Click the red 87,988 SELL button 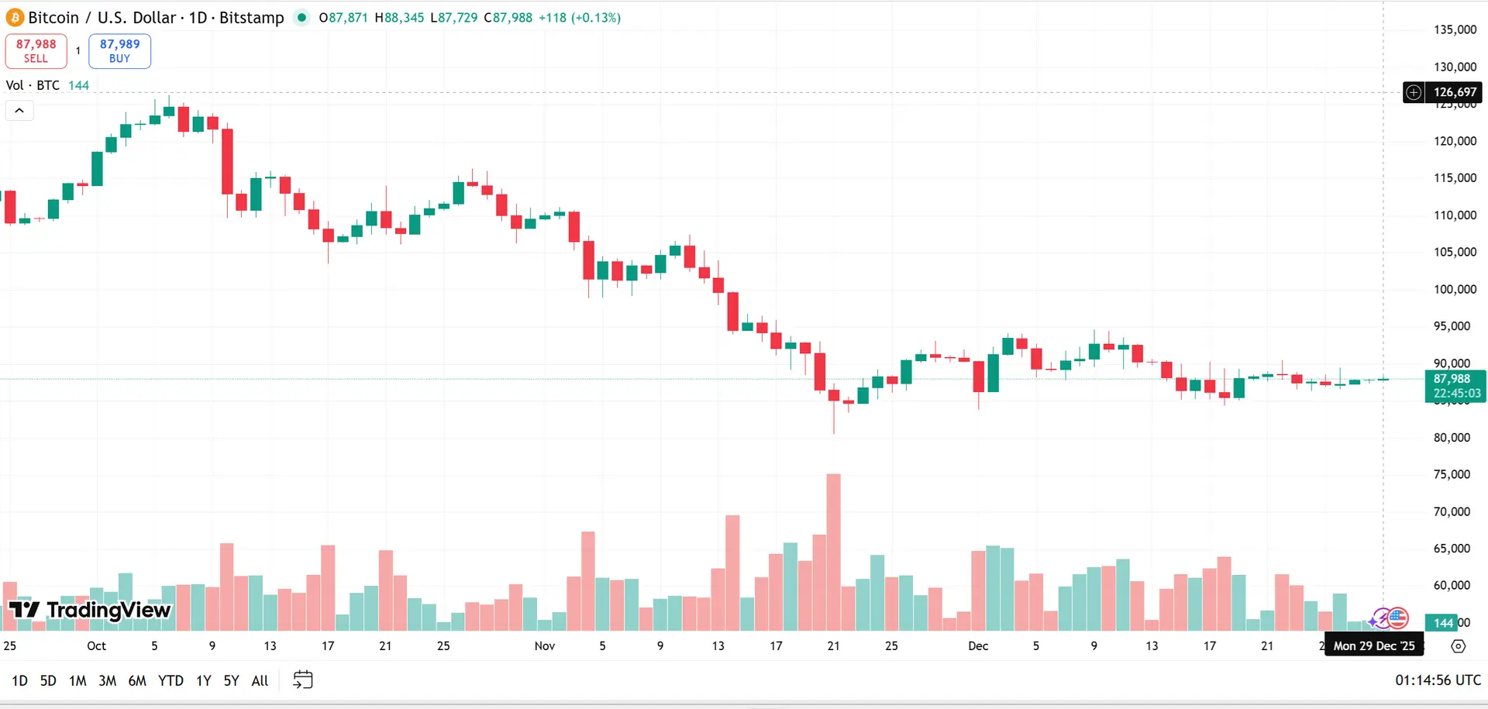click(36, 51)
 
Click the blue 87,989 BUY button click(119, 51)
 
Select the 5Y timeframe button click(231, 680)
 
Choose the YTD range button click(170, 680)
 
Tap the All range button click(260, 680)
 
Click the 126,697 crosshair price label click(1454, 92)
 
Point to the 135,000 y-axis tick click(1455, 29)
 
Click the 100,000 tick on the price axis click(1455, 289)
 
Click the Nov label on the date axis click(545, 645)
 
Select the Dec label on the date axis click(978, 645)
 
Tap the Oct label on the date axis click(96, 645)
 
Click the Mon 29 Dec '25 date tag click(1373, 645)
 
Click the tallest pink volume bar click(833, 550)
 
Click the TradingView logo click(89, 611)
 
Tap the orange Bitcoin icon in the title click(15, 17)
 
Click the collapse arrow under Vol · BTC click(19, 111)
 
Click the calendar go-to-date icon click(303, 680)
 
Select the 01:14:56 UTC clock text click(1438, 680)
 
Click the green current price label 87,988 click(1455, 386)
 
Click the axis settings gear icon click(1459, 645)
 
